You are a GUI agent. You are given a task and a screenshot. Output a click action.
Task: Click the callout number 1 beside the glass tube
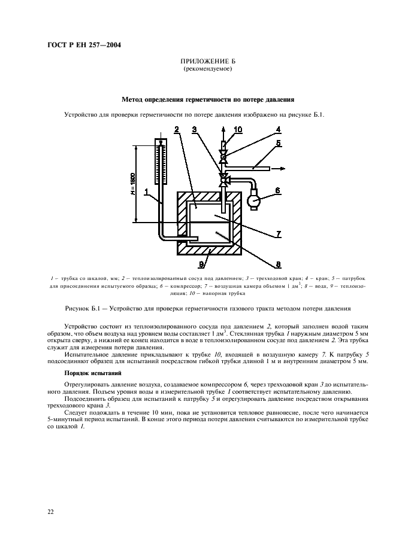coord(147,192)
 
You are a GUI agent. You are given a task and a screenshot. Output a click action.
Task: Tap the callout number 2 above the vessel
coord(177,130)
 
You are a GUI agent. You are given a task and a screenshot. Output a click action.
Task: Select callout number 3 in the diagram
coord(195,130)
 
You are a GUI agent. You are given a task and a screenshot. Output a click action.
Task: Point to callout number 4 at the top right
coord(277,129)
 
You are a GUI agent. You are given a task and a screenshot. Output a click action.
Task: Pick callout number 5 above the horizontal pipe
coord(277,144)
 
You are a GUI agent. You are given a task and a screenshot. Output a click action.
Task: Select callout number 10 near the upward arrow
coord(238,130)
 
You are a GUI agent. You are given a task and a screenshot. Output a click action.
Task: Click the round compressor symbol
coord(254,200)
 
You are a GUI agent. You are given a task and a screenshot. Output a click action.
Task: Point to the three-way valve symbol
coord(224,178)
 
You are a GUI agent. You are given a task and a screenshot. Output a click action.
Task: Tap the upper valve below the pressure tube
coord(223,157)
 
